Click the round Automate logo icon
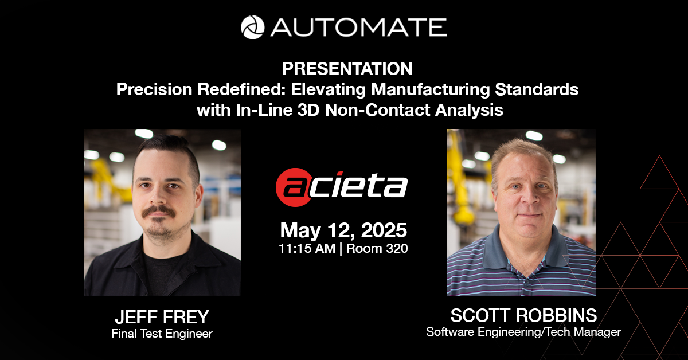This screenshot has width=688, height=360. click(252, 28)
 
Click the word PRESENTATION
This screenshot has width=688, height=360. click(347, 68)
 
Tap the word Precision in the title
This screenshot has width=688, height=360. click(154, 89)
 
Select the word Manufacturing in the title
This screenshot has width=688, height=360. click(431, 89)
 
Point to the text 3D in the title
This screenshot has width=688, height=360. click(308, 110)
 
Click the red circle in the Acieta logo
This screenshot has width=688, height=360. click(294, 187)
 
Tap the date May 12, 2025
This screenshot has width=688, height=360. click(343, 230)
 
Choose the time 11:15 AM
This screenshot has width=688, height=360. click(307, 248)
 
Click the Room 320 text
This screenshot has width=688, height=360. click(377, 248)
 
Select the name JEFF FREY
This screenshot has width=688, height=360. click(162, 317)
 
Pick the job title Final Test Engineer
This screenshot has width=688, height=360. click(162, 334)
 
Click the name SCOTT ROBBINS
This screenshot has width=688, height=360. click(523, 315)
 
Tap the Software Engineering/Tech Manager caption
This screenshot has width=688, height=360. click(523, 332)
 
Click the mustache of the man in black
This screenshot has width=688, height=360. click(159, 212)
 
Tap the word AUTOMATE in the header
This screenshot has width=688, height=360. click(358, 28)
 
